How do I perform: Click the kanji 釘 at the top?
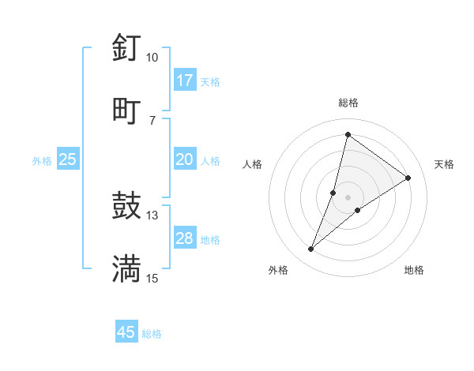tap(126, 47)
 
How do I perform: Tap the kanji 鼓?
tap(126, 206)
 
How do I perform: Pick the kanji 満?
tap(126, 269)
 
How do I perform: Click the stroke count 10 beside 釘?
tap(152, 58)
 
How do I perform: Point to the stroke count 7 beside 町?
tap(152, 120)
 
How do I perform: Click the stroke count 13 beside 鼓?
tap(152, 215)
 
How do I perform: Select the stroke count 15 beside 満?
tap(152, 279)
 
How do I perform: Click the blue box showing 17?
tap(185, 81)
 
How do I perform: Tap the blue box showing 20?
tap(185, 159)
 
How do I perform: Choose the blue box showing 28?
tap(185, 238)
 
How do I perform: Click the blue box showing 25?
tap(68, 159)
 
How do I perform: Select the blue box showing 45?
tap(126, 332)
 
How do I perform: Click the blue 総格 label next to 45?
tap(152, 334)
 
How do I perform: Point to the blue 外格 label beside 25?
tap(42, 161)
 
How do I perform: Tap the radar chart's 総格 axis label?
tap(348, 103)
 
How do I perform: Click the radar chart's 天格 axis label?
tap(444, 164)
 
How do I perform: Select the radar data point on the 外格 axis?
tap(311, 249)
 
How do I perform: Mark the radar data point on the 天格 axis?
tap(408, 178)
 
